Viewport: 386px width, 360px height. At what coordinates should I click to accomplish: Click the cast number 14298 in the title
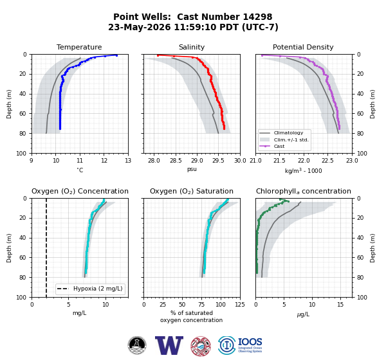[x=257, y=17]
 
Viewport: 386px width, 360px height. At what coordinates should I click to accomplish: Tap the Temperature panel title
[x=79, y=47]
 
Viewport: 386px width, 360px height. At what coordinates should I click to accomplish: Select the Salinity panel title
[x=192, y=47]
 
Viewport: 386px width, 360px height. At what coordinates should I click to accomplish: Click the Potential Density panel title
[x=303, y=47]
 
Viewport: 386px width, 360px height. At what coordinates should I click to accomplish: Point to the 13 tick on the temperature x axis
[x=128, y=161]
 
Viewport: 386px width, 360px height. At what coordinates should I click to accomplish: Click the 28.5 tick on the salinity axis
[x=176, y=161]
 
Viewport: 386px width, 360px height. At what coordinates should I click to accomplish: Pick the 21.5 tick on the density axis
[x=279, y=161]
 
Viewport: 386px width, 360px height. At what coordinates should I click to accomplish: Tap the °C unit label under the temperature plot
[x=80, y=170]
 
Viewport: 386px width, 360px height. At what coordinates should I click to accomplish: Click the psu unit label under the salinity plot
[x=192, y=169]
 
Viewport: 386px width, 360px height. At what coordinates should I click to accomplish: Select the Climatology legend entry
[x=288, y=133]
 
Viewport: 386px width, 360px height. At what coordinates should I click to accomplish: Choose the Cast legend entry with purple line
[x=279, y=146]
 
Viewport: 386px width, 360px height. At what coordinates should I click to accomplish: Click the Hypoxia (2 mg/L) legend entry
[x=98, y=289]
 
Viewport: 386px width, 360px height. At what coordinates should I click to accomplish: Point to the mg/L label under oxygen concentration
[x=80, y=313]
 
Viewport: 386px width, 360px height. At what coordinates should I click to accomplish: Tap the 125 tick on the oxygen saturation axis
[x=240, y=305]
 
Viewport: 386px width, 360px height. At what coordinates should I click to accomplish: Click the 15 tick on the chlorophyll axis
[x=340, y=305]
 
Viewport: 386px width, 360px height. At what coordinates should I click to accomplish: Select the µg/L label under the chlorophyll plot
[x=303, y=314]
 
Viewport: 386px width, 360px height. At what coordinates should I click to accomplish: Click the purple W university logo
[x=169, y=345]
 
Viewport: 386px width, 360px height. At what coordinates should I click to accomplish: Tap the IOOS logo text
[x=250, y=342]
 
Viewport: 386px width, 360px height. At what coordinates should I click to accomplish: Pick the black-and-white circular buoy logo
[x=137, y=345]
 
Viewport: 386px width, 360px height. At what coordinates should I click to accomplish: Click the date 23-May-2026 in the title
[x=140, y=27]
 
